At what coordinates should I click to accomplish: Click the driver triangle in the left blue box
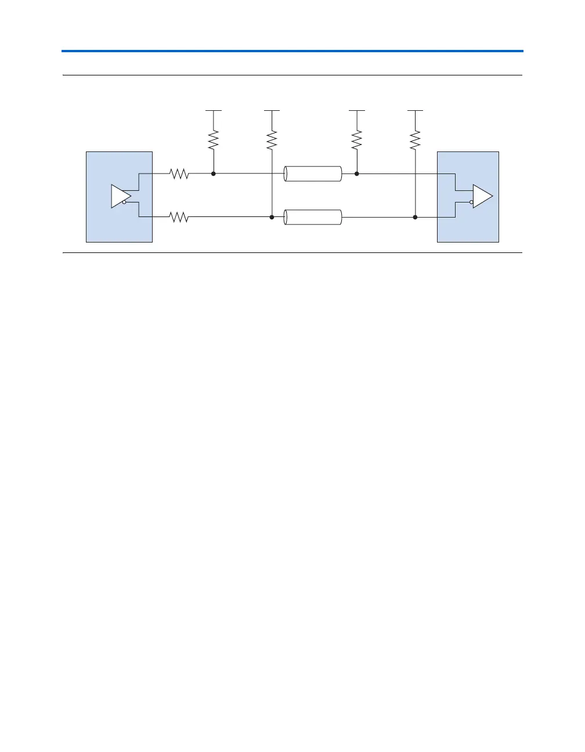[120, 196]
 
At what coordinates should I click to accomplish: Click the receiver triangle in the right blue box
[482, 196]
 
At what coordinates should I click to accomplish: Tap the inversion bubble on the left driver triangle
[124, 203]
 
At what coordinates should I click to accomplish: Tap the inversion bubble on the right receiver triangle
[472, 203]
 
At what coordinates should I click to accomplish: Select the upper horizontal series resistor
[179, 173]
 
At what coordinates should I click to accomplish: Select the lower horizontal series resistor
[179, 217]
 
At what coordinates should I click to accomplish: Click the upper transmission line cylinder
[313, 173]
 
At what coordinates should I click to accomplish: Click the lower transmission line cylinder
[313, 218]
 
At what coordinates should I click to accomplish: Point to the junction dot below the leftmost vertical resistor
[214, 173]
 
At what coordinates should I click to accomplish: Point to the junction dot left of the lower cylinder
[272, 217]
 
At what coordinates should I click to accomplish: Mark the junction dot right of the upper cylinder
[357, 173]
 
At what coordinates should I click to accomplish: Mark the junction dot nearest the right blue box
[415, 217]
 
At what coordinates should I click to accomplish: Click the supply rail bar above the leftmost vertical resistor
[214, 110]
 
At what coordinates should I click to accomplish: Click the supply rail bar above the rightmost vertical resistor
[415, 110]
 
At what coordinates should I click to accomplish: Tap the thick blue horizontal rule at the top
[292, 51]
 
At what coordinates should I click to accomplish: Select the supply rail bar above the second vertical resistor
[272, 110]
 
